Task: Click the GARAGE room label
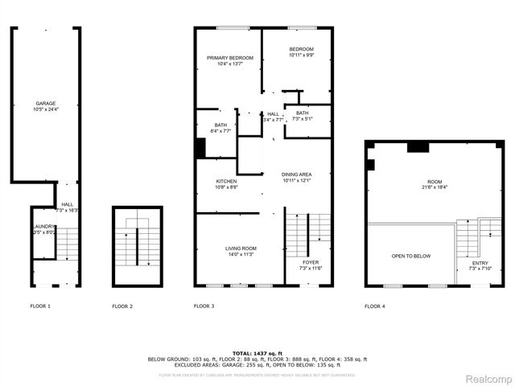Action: (x=46, y=103)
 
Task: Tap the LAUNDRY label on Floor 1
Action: (x=43, y=228)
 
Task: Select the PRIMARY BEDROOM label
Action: (x=229, y=58)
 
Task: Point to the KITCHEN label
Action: (x=226, y=182)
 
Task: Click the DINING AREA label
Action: (x=296, y=175)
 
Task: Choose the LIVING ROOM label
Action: (x=241, y=249)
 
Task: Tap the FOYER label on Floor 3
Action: (x=311, y=262)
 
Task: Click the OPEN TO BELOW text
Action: (x=410, y=256)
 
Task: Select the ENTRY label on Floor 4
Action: (x=480, y=262)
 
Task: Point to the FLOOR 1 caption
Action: (x=40, y=306)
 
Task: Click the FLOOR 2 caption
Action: (x=122, y=306)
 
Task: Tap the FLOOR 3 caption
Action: (x=204, y=306)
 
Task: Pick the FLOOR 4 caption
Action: (x=374, y=306)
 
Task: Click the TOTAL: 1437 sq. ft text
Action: (x=257, y=353)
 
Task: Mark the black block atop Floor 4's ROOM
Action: (x=417, y=146)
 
